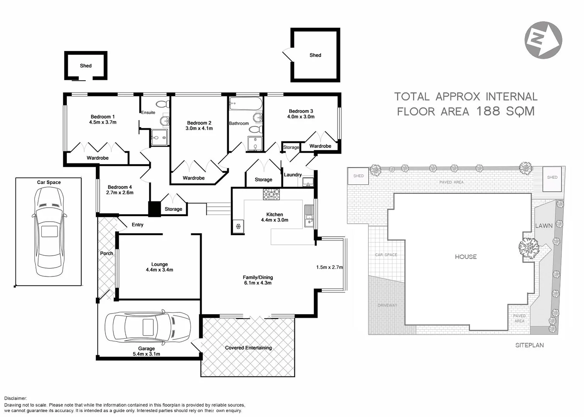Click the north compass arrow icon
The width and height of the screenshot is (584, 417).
click(x=543, y=40)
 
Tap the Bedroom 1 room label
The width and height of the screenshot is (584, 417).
click(x=103, y=117)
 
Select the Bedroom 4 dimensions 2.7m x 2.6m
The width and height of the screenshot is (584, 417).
click(x=120, y=193)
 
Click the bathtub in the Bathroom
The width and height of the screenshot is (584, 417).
click(x=246, y=103)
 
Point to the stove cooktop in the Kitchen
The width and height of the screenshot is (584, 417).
click(x=272, y=194)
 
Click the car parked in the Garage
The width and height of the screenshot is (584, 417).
click(x=148, y=327)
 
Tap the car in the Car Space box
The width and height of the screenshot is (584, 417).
click(x=49, y=232)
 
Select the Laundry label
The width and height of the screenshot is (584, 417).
click(x=293, y=175)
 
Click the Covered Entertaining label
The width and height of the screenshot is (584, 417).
click(x=248, y=348)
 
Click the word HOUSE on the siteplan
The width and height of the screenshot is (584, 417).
click(x=465, y=257)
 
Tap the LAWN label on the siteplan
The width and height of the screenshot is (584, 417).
click(x=543, y=225)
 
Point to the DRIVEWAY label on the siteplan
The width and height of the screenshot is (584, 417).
click(x=387, y=305)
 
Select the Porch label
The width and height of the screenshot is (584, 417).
click(x=107, y=254)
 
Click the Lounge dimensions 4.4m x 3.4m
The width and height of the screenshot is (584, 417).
click(x=160, y=270)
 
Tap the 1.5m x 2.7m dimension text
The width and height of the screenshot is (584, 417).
click(x=329, y=267)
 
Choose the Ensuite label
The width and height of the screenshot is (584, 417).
click(x=148, y=113)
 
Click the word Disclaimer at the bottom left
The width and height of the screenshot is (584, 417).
click(x=15, y=398)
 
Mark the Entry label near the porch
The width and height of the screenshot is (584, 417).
click(x=138, y=225)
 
